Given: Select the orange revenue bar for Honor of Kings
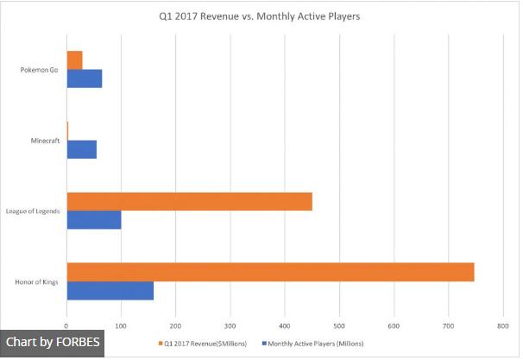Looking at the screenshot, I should [x=270, y=271].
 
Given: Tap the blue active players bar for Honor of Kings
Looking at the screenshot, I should [x=110, y=291].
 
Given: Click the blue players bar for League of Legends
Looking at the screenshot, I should [x=93, y=220].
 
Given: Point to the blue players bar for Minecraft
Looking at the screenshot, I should [x=81, y=148].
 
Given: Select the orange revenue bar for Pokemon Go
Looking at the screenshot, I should [x=74, y=60].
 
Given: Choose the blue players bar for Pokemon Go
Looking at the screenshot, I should [x=84, y=79].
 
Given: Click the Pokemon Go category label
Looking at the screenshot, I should [x=39, y=70].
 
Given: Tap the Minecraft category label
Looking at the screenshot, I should [x=43, y=141].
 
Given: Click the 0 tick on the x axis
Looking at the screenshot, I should [x=66, y=325].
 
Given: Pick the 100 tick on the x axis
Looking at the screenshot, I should [x=121, y=325].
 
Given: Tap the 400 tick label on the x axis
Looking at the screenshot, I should [x=285, y=325].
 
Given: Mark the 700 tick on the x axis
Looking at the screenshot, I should [x=448, y=325].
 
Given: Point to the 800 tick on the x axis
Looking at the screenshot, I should [x=502, y=325].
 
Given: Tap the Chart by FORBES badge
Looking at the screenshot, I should [x=52, y=343].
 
